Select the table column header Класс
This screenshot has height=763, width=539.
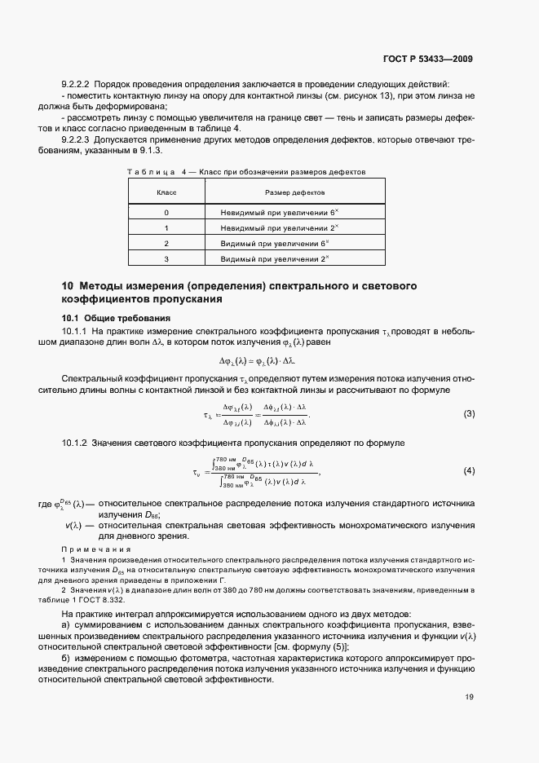(166, 192)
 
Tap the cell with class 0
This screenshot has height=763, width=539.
(166, 212)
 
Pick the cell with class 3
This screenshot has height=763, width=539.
(166, 258)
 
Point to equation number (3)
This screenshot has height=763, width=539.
(469, 414)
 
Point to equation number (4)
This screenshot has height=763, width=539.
(469, 471)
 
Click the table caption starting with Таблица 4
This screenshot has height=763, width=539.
(245, 172)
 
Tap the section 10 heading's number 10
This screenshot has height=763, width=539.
(68, 286)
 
